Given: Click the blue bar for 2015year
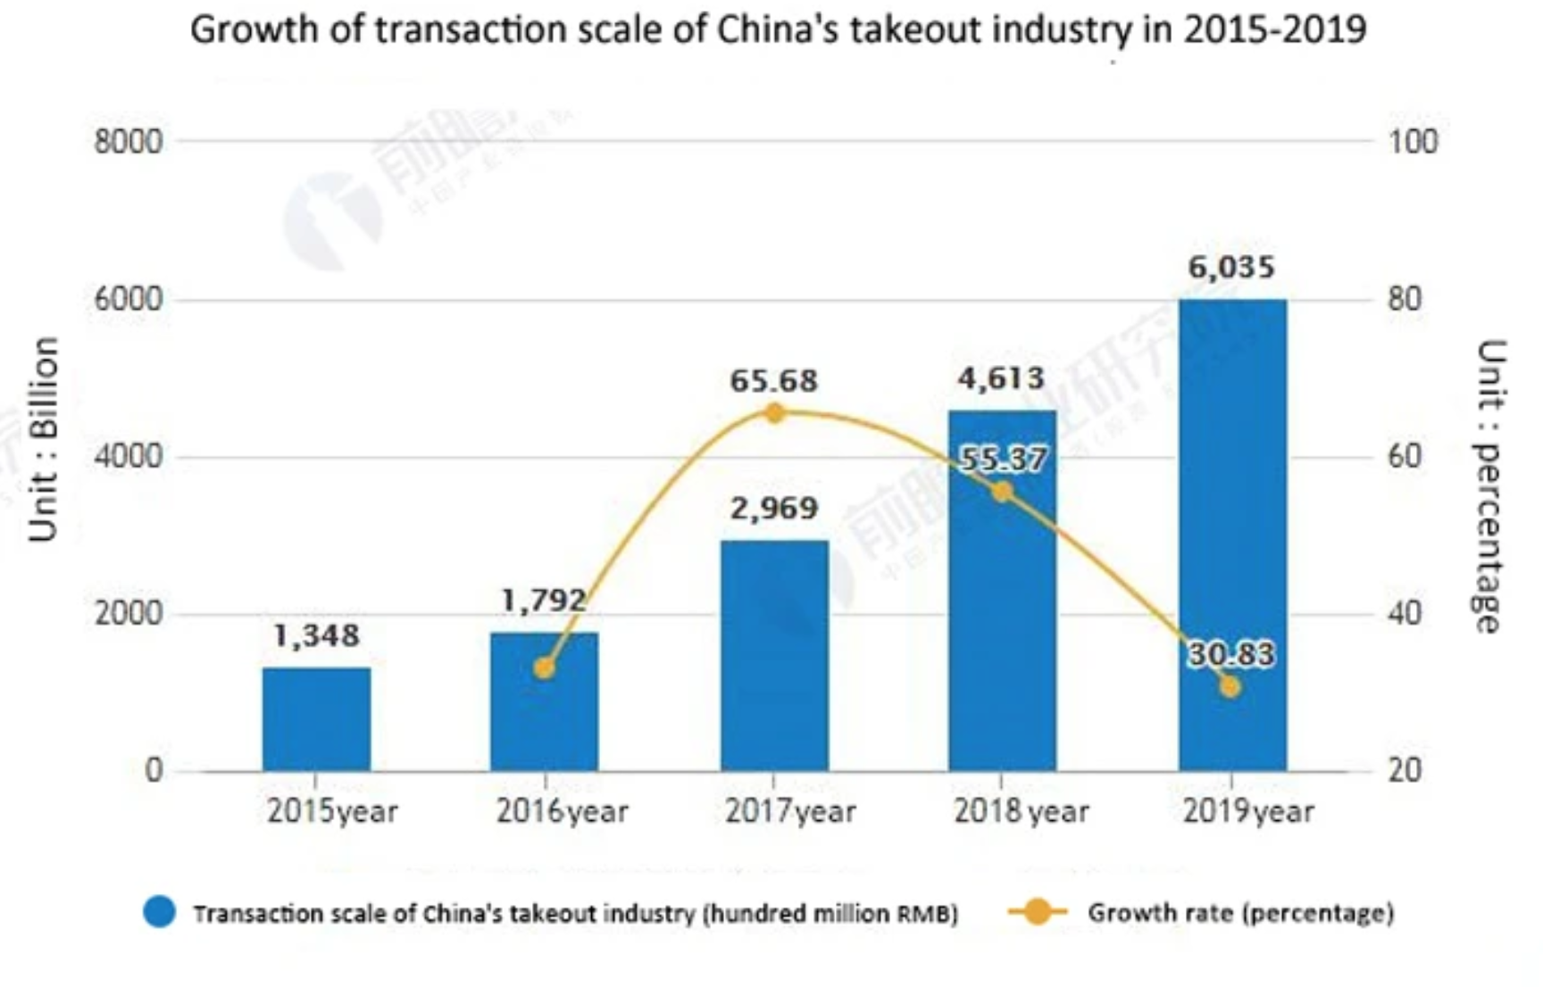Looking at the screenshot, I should coord(316,718).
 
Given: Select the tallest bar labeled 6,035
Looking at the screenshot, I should coord(1232,535).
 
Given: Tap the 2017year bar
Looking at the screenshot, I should coord(774,656).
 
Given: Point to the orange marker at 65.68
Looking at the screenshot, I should coord(774,413).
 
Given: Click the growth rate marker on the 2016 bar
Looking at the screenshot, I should coord(544,668).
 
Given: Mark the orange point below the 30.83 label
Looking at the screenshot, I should coord(1230,686).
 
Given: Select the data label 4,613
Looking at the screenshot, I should coord(1001,379).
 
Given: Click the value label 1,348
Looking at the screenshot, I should coord(316,635).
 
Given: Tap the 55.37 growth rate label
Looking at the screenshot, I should coord(1002,460).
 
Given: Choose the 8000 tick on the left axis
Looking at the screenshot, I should coord(129,141).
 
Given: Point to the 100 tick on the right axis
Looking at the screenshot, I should coord(1412,141).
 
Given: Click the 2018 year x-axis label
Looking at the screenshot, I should coord(1021,811).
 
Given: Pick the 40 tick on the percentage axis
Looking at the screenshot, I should coord(1404,613).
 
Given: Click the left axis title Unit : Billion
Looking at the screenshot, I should coord(43,439).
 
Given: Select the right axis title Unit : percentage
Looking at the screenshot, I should coord(1489,486).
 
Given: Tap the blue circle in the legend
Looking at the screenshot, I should coord(160,913).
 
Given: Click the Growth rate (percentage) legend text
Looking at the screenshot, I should coord(1239,913).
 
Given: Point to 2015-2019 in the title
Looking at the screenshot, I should coord(1274,29).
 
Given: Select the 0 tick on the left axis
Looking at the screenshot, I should coord(154,770).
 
